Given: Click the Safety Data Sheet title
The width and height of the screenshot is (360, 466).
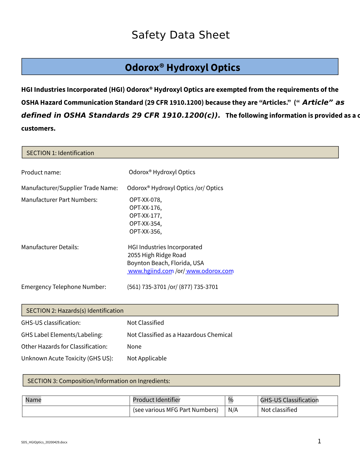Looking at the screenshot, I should [x=181, y=35].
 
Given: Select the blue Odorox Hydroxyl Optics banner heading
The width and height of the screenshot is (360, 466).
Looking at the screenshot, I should [x=182, y=67].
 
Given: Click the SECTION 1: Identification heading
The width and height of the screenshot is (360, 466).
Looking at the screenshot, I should [x=60, y=153].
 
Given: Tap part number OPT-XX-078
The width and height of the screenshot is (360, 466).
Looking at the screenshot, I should [x=145, y=200].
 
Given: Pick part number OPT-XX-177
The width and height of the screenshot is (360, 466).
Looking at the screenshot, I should [x=145, y=216].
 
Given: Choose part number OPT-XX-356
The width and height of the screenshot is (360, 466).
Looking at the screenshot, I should [x=145, y=232].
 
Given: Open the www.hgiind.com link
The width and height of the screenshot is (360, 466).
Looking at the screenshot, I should [x=151, y=271].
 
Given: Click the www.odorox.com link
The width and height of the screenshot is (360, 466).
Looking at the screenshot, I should [x=210, y=271].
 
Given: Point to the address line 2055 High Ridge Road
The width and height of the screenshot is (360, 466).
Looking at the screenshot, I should [x=157, y=255].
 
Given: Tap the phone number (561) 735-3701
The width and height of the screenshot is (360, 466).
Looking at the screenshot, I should [x=147, y=287].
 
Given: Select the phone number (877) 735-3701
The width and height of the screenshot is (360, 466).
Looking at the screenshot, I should [x=199, y=287].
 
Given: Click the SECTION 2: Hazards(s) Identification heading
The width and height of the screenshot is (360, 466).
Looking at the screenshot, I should [x=75, y=311].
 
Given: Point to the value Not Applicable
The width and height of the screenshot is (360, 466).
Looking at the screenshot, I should [x=147, y=358].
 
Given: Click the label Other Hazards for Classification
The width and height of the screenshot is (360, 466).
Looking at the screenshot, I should [x=64, y=347].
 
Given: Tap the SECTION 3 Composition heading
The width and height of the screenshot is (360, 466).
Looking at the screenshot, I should [x=99, y=381].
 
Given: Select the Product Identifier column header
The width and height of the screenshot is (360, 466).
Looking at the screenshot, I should [x=156, y=400].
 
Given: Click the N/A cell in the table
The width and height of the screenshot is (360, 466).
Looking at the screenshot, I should [x=233, y=410].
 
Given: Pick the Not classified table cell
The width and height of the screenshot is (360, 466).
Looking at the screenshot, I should [x=279, y=410].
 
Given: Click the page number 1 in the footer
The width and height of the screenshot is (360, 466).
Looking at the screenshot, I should [x=319, y=441].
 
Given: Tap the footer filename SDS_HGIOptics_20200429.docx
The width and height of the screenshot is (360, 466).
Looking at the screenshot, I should [x=44, y=442].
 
